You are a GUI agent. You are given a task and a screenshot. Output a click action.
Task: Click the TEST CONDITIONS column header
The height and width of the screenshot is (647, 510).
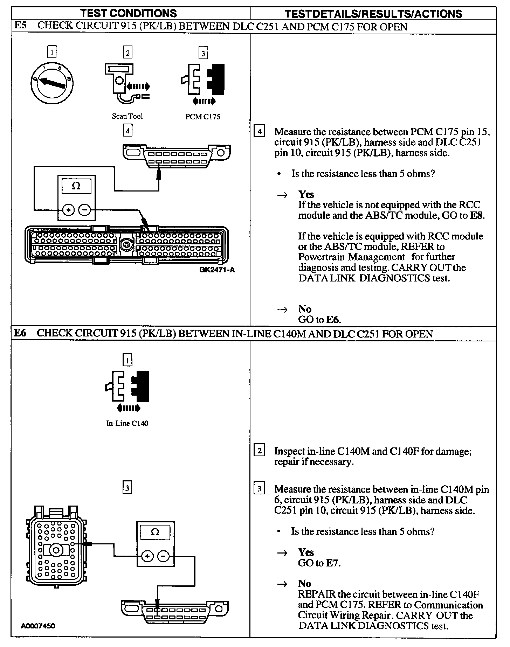point(129,13)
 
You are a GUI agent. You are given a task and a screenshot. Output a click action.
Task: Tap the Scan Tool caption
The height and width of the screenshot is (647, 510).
point(127,116)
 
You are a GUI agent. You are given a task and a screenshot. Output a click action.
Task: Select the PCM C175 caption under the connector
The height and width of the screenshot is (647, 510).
point(202,117)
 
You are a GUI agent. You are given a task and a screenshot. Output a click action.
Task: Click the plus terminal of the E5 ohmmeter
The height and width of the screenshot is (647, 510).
point(68,210)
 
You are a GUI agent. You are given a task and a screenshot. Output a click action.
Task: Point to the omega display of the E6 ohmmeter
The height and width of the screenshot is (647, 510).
point(155,533)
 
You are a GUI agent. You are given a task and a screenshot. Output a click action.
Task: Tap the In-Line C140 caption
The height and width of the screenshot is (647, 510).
point(127,423)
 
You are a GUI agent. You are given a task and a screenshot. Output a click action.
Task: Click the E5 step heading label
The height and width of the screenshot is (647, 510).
point(20,26)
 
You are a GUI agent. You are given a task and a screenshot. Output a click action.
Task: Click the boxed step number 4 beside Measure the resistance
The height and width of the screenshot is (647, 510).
point(259,132)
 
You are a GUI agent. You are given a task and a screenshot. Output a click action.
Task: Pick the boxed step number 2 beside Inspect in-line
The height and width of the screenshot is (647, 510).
point(259,451)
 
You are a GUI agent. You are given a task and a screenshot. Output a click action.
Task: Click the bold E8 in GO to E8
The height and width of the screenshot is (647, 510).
point(477,215)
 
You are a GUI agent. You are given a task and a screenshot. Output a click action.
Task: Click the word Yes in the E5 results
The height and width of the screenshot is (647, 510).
point(306,194)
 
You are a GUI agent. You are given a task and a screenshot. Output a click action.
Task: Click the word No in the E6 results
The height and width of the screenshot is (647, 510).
point(305,584)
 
